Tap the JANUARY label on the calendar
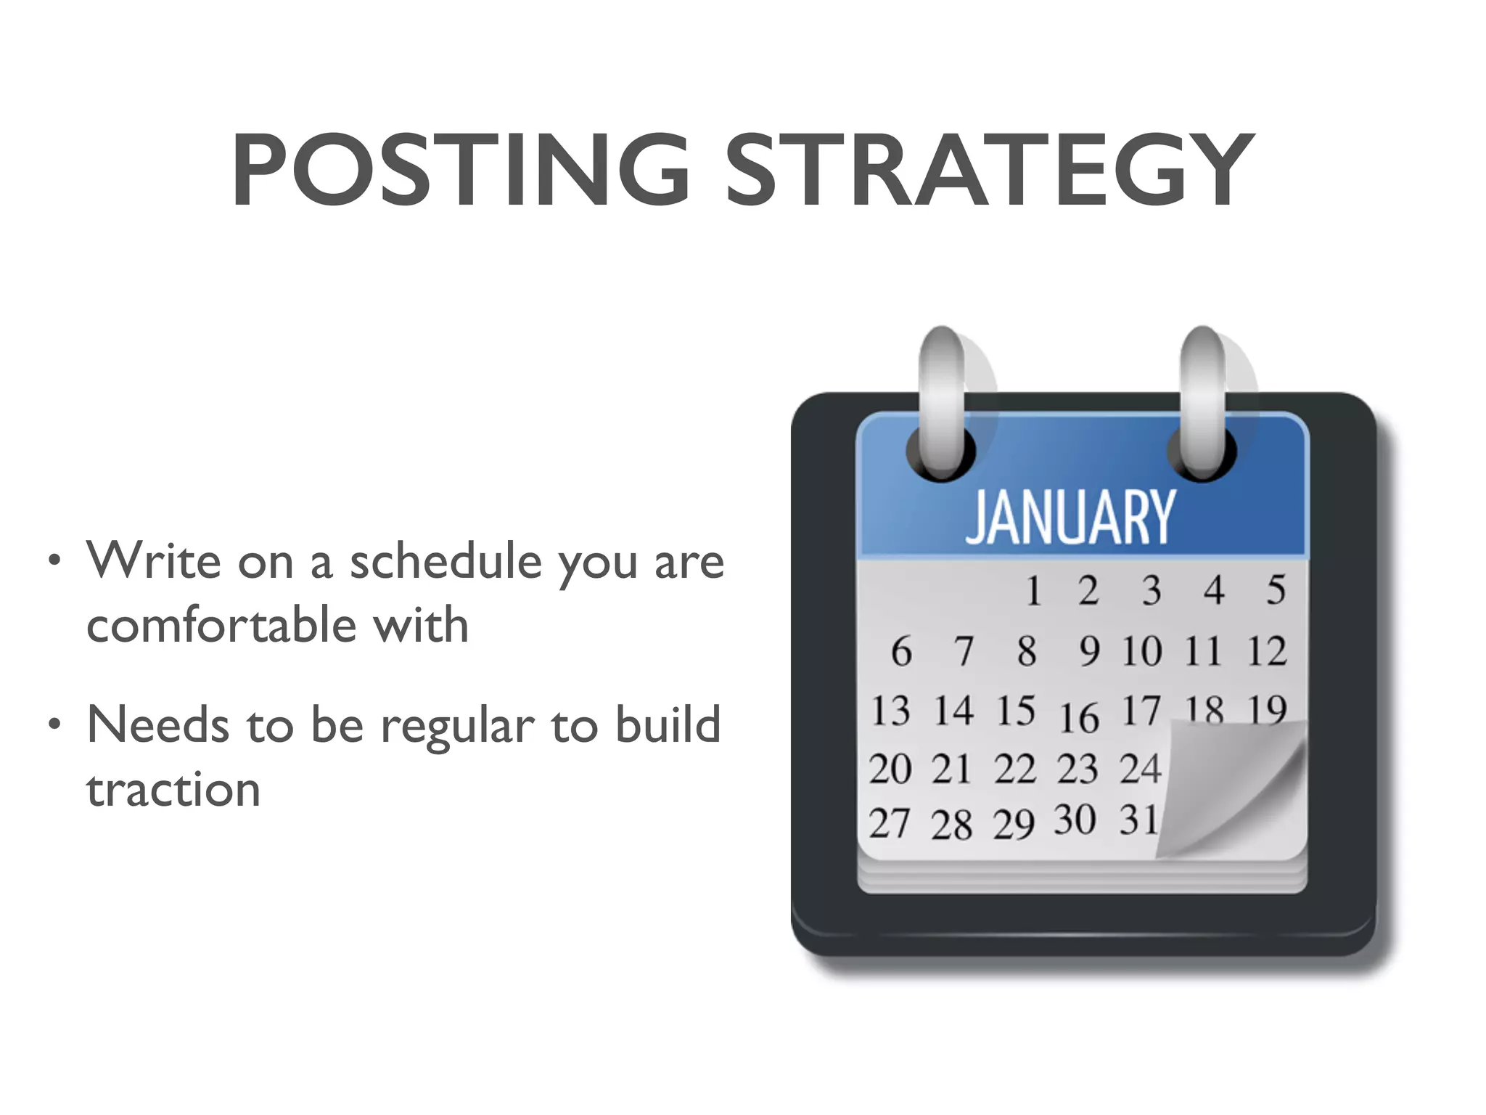click(1070, 517)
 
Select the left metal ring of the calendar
click(941, 403)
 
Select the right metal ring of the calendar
click(1202, 403)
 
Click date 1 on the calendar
click(1033, 590)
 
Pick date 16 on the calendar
click(1079, 718)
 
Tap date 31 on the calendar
click(1138, 820)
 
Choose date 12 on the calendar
click(1267, 650)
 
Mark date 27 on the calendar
click(889, 824)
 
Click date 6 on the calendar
click(901, 650)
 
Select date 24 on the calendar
click(1140, 768)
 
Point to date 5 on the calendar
click(1276, 590)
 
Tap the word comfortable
click(221, 625)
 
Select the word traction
click(173, 789)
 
